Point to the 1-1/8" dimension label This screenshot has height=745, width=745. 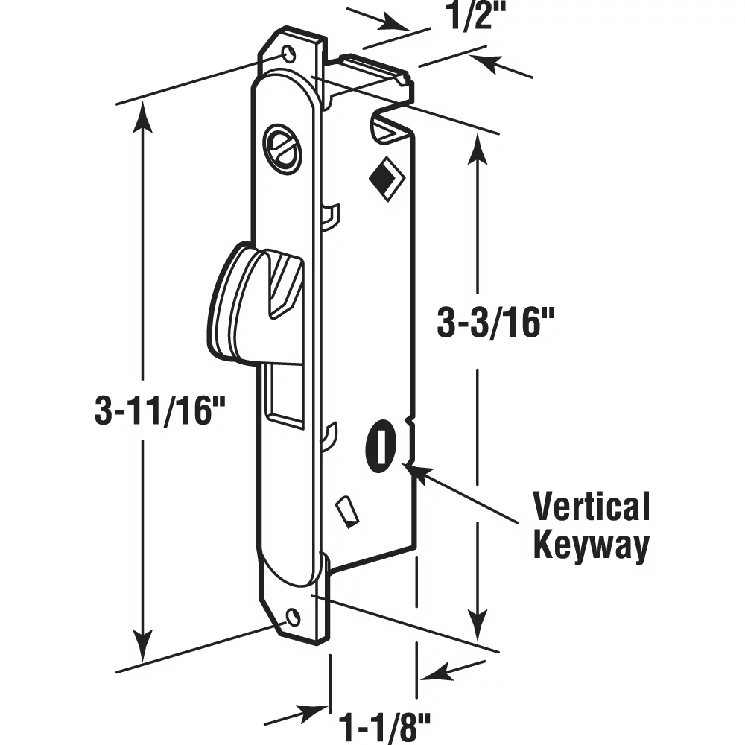[385, 723]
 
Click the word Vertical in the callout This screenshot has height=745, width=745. [591, 507]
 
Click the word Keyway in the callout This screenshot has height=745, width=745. [591, 546]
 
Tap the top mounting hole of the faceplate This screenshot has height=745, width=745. [288, 54]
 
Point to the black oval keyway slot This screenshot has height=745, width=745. [379, 446]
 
